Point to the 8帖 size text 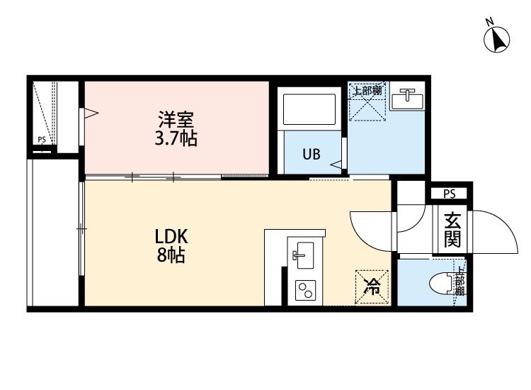171,256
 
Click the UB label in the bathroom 312,154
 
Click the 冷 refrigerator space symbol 370,287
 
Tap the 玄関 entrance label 451,230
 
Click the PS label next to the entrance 449,193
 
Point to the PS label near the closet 42,140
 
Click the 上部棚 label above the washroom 367,91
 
